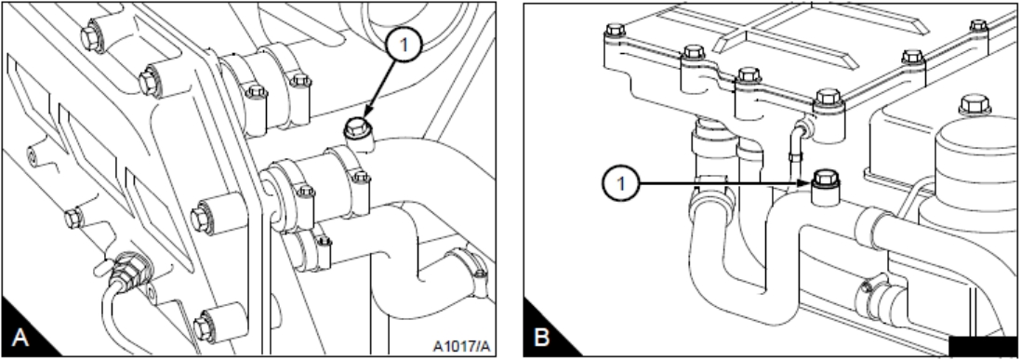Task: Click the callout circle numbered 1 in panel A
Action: point(404,46)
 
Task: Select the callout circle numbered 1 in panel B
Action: point(620,183)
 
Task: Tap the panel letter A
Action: point(20,338)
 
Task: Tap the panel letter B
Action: point(542,338)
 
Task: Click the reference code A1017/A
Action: point(461,346)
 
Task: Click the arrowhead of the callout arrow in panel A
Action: point(364,115)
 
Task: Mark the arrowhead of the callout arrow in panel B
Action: point(807,183)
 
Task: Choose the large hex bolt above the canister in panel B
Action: point(975,105)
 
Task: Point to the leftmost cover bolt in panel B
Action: point(615,30)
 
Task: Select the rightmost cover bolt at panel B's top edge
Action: point(978,25)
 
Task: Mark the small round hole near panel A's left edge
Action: point(31,155)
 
